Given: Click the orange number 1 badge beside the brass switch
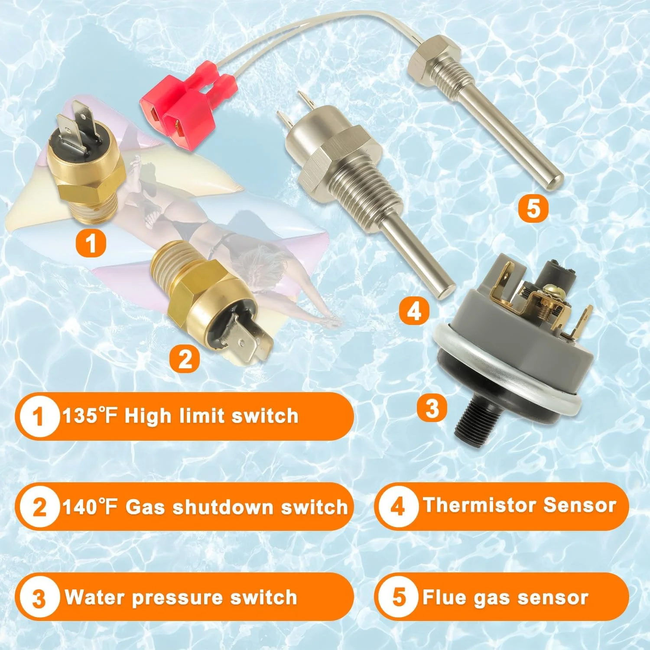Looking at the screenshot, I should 91,243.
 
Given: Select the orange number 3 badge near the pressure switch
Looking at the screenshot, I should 432,408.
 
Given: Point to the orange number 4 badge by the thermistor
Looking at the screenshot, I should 414,311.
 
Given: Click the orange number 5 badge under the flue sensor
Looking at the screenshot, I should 533,208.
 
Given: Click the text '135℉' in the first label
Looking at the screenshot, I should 90,416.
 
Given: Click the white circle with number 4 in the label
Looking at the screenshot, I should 397,506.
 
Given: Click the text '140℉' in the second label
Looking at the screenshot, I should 90,507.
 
